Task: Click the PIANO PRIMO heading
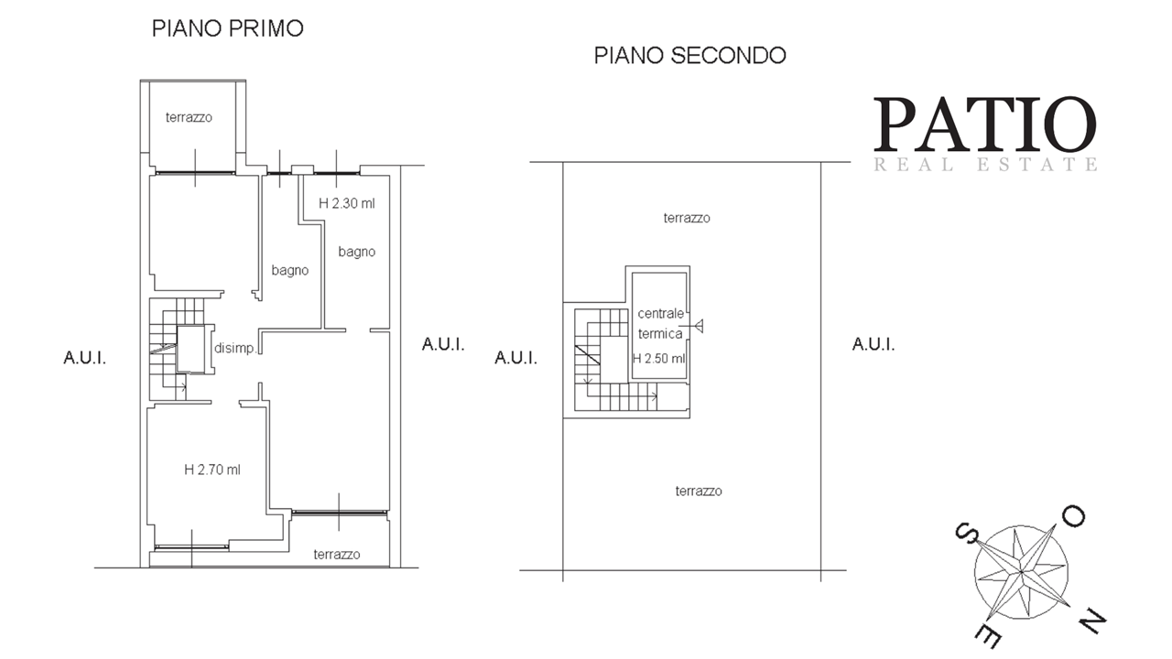[x=228, y=28]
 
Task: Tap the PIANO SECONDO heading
[x=689, y=56]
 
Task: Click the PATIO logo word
[x=985, y=124]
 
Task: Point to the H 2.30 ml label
[x=347, y=203]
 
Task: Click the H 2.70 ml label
[x=212, y=470]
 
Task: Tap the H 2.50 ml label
[x=658, y=358]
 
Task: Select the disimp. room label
[x=235, y=349]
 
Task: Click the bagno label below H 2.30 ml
[x=357, y=252]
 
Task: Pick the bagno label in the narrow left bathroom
[x=290, y=270]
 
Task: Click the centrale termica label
[x=660, y=323]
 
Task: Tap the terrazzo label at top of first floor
[x=189, y=117]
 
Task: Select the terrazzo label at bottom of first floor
[x=337, y=555]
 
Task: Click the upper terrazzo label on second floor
[x=687, y=218]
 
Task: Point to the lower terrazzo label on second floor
[x=699, y=492]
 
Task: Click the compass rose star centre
[x=1021, y=572]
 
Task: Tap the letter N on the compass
[x=1092, y=621]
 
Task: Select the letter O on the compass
[x=1074, y=516]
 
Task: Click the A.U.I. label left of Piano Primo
[x=85, y=358]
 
